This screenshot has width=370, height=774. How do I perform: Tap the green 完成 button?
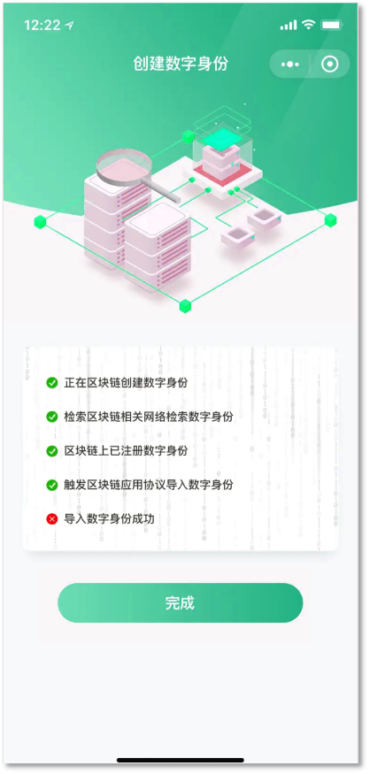180,602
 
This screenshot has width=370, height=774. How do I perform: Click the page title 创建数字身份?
181,64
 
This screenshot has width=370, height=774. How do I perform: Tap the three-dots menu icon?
290,65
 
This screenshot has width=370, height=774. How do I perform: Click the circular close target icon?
329,65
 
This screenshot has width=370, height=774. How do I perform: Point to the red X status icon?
52,518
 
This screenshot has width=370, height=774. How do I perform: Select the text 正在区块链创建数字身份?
126,382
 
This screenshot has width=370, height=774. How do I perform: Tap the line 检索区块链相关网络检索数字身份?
148,417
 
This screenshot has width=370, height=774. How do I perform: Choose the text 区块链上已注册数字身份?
126,450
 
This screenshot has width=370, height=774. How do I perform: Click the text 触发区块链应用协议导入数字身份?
148,485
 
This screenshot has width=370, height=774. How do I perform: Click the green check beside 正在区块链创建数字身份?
52,382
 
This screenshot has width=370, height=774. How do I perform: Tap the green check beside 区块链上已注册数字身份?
52,450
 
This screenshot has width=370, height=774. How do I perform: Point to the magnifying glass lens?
123,165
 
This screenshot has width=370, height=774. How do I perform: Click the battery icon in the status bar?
331,25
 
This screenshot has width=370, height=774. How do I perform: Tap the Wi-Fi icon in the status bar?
309,24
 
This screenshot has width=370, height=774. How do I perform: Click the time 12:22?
42,25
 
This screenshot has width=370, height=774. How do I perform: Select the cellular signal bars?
289,25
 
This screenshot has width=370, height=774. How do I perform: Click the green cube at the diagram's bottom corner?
185,306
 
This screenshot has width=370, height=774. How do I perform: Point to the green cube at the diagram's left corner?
40,222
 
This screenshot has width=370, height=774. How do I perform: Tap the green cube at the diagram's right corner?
330,220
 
